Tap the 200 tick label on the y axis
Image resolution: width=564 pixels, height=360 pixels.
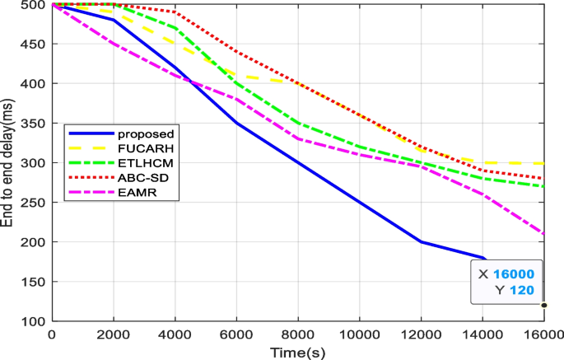[33, 242]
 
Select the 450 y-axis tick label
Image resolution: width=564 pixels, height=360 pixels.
[33, 44]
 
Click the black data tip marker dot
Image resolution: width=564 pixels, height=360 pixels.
[543, 305]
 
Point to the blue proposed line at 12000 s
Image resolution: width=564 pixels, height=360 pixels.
[420, 241]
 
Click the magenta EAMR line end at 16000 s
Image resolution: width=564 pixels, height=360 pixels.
[543, 234]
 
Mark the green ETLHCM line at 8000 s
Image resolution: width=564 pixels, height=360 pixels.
[297, 124]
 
